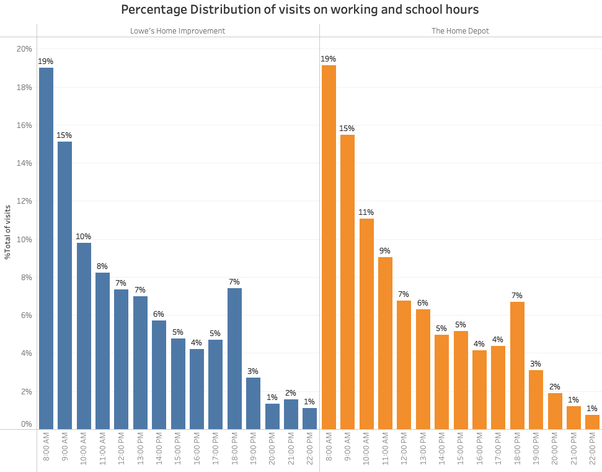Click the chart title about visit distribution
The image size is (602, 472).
tap(300, 10)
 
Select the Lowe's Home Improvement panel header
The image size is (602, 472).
tap(177, 30)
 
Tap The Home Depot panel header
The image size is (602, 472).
tap(460, 30)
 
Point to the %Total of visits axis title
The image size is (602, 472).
tap(7, 231)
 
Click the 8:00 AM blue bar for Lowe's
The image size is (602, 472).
tap(46, 248)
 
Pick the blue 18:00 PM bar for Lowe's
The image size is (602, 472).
tap(234, 358)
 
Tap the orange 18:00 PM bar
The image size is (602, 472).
tap(517, 365)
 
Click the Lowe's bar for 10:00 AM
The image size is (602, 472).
tap(84, 335)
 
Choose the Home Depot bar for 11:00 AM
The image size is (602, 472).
tap(385, 343)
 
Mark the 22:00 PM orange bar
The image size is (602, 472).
tap(592, 422)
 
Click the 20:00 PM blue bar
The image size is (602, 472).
tap(272, 416)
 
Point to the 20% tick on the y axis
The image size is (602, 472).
tap(24, 49)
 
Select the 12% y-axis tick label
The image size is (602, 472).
tap(24, 201)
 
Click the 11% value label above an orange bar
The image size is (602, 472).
tap(366, 212)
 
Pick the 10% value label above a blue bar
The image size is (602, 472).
tap(84, 237)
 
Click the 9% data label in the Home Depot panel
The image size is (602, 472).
tap(385, 251)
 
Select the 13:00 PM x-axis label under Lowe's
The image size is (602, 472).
tap(140, 450)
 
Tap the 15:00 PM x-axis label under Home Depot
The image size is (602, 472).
tap(461, 450)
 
